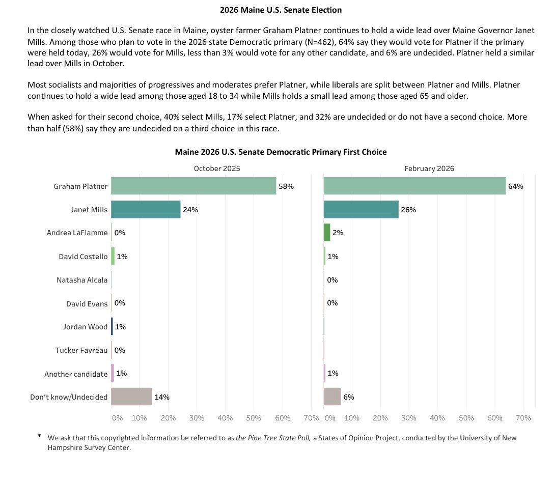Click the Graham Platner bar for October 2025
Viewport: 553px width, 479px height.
click(x=193, y=186)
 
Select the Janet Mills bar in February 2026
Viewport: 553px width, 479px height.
click(x=361, y=209)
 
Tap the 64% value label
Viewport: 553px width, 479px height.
click(x=515, y=186)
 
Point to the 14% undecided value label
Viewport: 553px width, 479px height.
click(x=162, y=397)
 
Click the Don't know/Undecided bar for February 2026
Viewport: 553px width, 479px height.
click(x=332, y=397)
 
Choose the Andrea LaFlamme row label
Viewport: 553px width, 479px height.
click(x=77, y=233)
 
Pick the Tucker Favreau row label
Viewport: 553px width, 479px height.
click(x=81, y=350)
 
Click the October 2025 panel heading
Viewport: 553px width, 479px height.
click(x=217, y=168)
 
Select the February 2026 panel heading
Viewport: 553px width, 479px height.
click(x=429, y=168)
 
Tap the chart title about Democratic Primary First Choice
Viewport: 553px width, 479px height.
click(x=281, y=152)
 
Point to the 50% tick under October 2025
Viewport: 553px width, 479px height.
click(x=254, y=418)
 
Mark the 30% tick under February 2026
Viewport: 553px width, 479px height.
click(x=409, y=418)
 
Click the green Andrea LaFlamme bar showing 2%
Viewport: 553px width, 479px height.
click(x=327, y=233)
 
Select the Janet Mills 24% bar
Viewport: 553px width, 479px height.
click(x=146, y=209)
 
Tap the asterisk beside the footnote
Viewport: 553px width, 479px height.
click(x=39, y=436)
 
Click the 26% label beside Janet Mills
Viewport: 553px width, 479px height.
click(x=408, y=210)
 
